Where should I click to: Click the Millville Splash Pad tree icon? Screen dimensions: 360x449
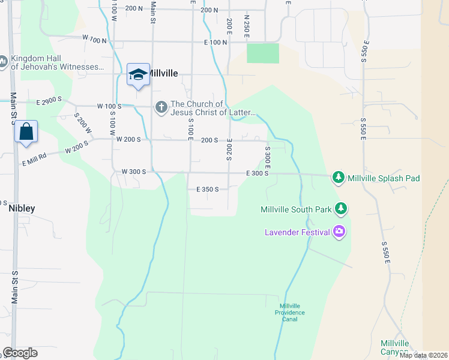pos(339,178)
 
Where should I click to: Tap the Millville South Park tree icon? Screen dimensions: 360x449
pos(342,209)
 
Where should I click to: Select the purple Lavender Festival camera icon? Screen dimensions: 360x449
pos(340,232)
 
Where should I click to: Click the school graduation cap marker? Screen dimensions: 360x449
pos(138,74)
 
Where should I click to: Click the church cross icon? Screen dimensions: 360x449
pos(161,107)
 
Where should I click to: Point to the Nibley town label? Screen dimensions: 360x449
pos(22,208)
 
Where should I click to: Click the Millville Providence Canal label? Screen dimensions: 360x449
pos(290,313)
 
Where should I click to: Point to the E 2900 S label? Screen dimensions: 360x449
pos(49,101)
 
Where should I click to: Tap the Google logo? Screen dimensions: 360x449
pos(20,353)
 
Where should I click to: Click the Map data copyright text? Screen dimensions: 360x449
pos(423,355)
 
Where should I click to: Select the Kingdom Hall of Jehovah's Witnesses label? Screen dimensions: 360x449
pos(57,62)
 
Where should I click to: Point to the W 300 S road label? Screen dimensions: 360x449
pos(133,172)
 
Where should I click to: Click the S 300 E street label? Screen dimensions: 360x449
pos(267,157)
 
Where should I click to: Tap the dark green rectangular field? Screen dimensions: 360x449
pos(263,53)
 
